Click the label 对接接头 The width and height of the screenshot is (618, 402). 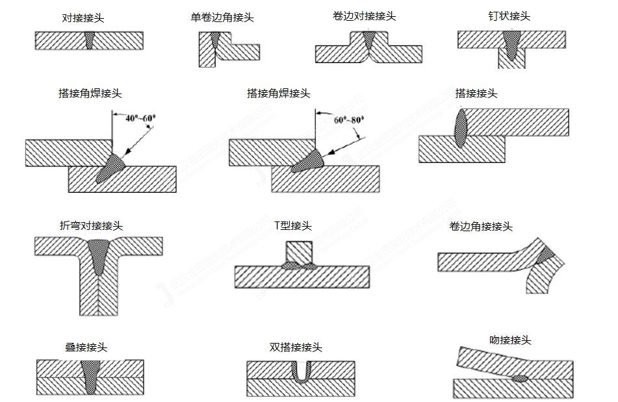[x=83, y=18]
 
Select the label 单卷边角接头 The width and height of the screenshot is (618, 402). [x=218, y=18]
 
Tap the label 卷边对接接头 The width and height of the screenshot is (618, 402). [x=364, y=16]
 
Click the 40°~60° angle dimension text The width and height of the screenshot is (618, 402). [x=141, y=118]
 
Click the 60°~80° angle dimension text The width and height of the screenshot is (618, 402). [x=349, y=119]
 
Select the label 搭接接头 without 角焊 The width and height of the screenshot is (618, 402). [x=476, y=93]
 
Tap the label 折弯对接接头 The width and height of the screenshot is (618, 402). [x=91, y=225]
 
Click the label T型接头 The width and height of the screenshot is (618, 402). [x=293, y=225]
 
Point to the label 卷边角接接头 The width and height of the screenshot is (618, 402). [x=481, y=226]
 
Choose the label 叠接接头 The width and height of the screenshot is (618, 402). [x=86, y=347]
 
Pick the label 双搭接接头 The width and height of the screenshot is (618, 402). [x=296, y=347]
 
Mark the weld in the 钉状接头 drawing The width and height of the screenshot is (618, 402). [x=512, y=47]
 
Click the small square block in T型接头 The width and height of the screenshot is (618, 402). [x=299, y=251]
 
